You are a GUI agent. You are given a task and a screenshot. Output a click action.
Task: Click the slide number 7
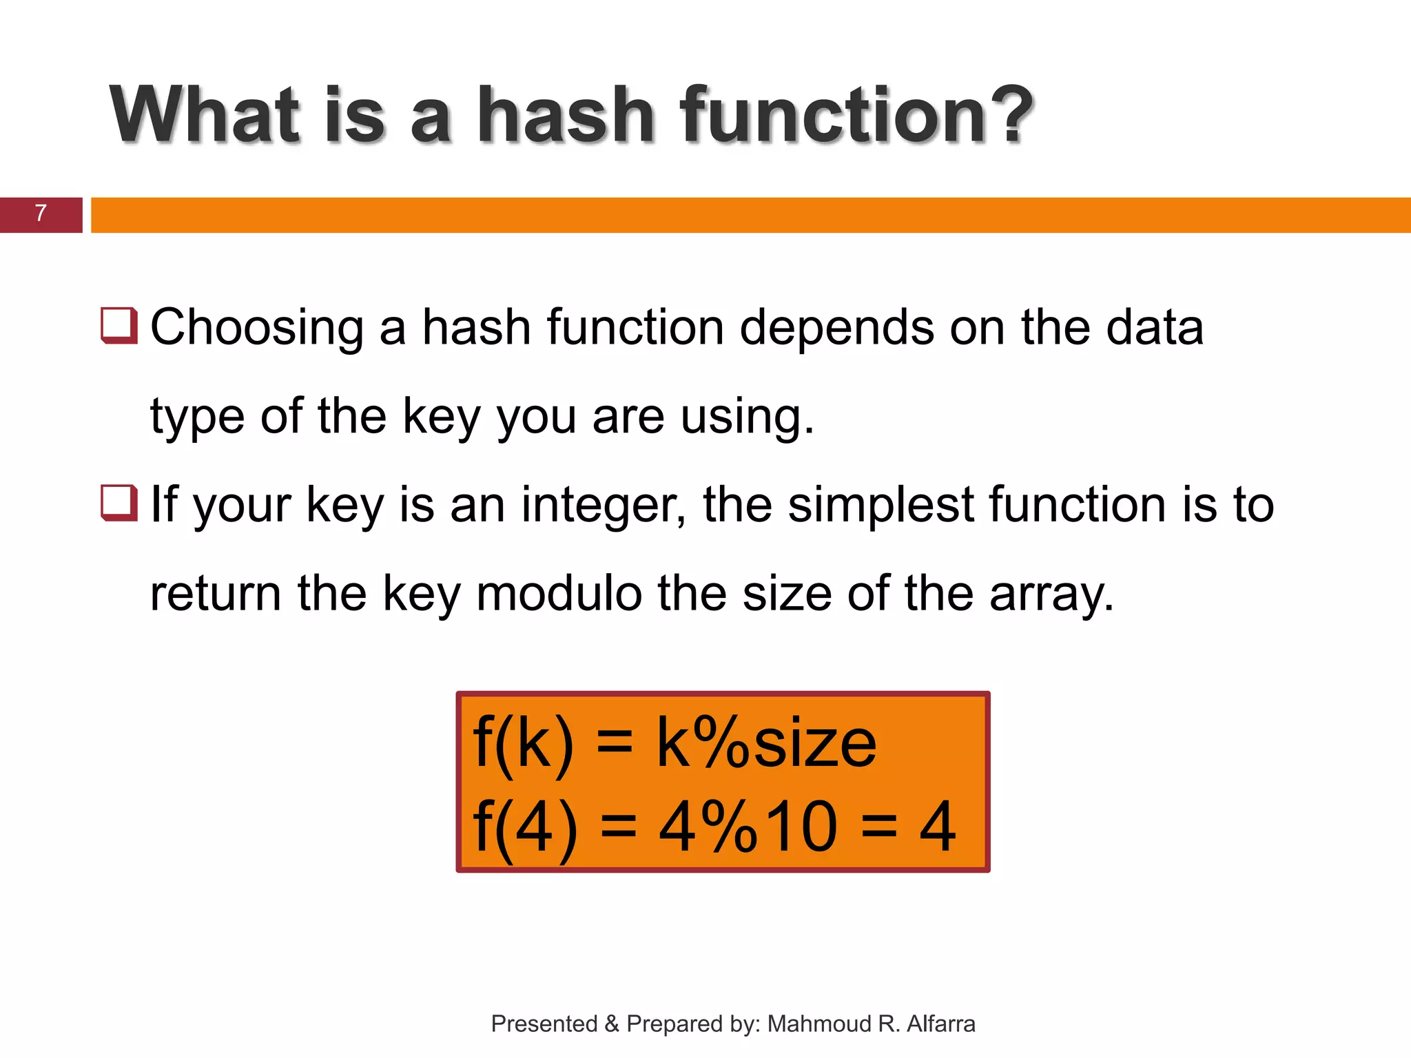(41, 214)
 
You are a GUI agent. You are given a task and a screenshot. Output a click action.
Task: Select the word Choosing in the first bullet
(256, 327)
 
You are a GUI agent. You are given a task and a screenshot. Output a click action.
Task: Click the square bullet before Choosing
(119, 325)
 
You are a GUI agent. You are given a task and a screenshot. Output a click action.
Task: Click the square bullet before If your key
(119, 503)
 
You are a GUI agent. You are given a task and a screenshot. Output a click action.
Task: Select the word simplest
(881, 506)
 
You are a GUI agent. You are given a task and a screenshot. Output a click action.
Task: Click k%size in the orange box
(766, 743)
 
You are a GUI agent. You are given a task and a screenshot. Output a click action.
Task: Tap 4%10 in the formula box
(748, 826)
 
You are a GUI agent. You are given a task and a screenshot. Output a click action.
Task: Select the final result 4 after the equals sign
(938, 826)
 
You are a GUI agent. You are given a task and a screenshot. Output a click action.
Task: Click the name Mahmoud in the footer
(818, 1024)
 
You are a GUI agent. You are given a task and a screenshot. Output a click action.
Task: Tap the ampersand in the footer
(612, 1024)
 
